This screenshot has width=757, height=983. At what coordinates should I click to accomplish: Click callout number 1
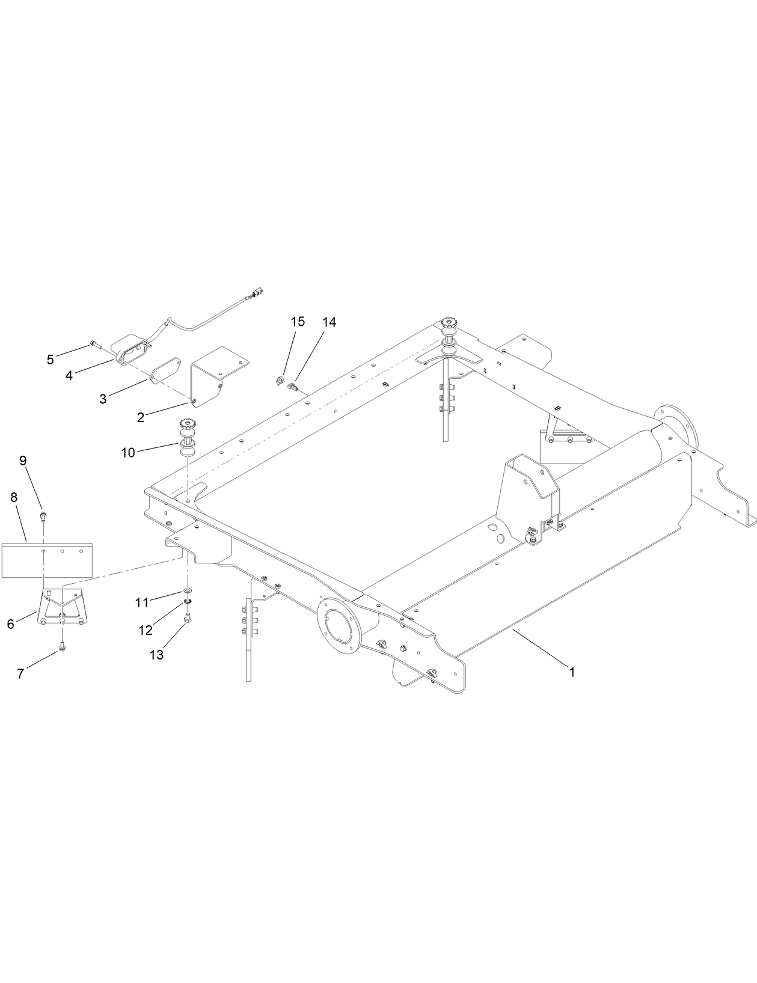(x=572, y=672)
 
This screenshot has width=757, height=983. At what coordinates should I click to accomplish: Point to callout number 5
(x=51, y=360)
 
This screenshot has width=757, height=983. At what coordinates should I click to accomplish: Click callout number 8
(x=13, y=497)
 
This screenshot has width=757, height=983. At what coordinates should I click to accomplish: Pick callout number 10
(x=128, y=452)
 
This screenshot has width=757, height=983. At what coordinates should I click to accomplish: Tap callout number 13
(x=156, y=655)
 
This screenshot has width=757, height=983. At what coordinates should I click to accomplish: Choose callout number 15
(x=298, y=322)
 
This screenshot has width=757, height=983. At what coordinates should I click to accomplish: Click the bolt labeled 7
(x=62, y=648)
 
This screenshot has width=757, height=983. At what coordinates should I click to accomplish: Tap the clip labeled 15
(x=280, y=379)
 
